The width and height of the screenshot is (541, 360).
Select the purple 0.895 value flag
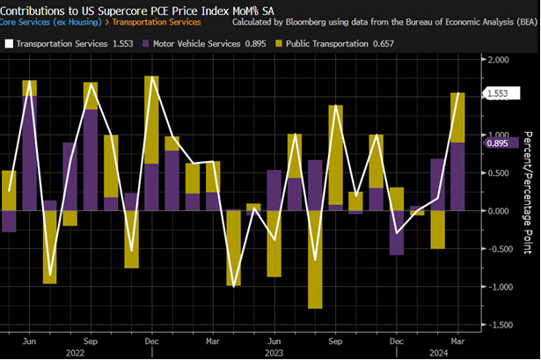498,143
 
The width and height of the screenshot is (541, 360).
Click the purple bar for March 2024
457,176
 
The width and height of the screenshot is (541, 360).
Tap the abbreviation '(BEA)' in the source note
523,23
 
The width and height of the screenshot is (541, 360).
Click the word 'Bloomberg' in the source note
299,23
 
